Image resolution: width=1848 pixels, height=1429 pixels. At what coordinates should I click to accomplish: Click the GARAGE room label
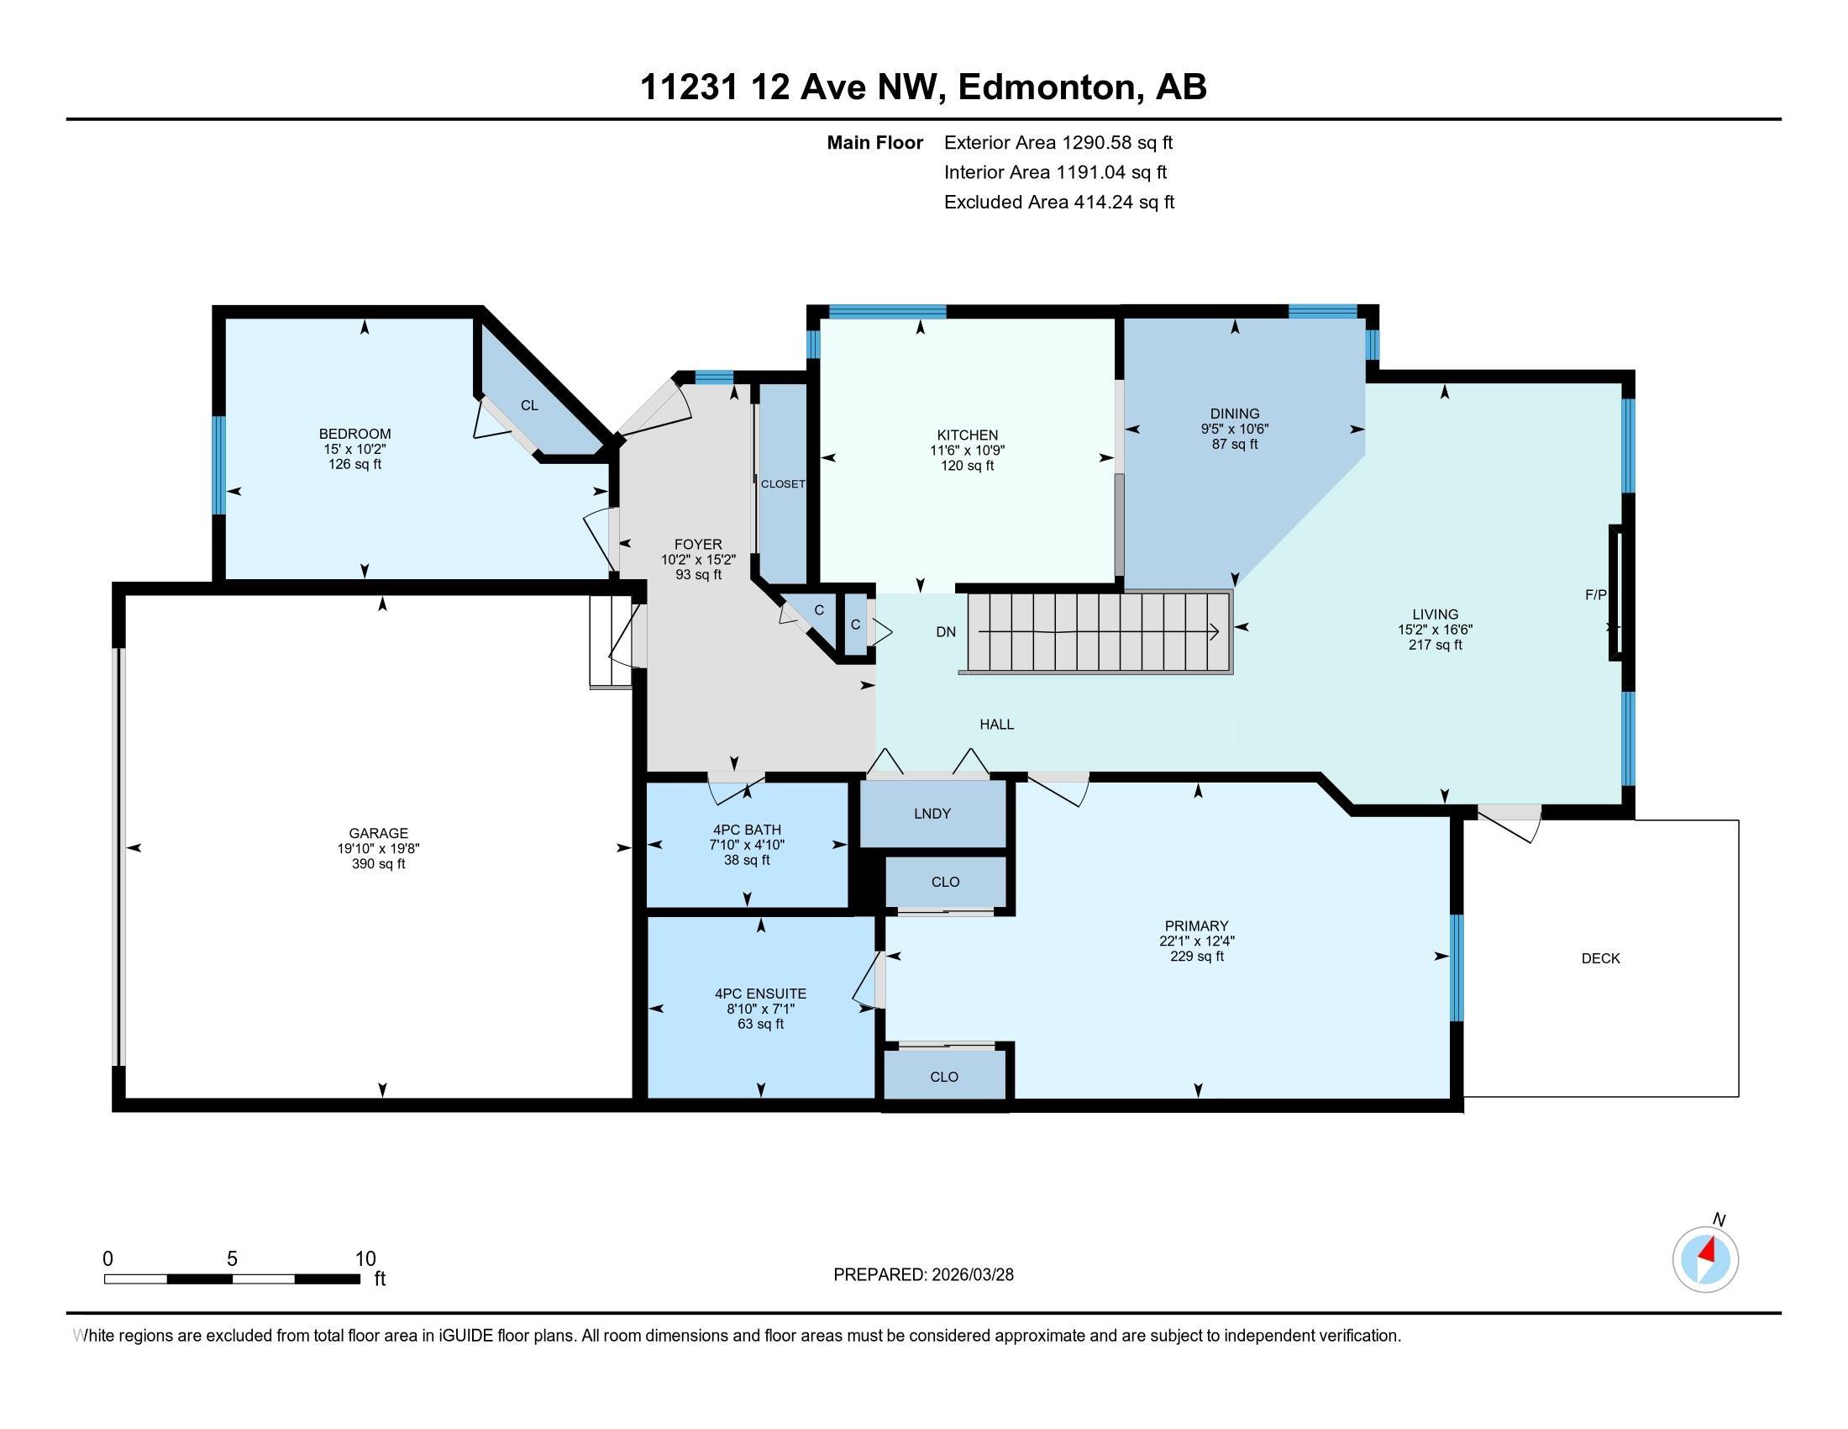[x=378, y=833]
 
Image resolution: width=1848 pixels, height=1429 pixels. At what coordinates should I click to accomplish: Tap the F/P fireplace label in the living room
[x=1595, y=595]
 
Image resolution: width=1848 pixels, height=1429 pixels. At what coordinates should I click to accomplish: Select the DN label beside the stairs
[x=946, y=631]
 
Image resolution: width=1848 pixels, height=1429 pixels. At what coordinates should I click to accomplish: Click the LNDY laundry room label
[x=932, y=814]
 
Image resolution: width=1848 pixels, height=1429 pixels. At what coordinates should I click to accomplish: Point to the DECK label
[x=1600, y=958]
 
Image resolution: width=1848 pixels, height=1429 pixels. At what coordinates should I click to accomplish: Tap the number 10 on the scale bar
[x=365, y=1259]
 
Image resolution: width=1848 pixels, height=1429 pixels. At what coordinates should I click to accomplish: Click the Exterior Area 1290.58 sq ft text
[x=1058, y=143]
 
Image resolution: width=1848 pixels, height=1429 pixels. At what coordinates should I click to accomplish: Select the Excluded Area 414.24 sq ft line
[x=1058, y=203]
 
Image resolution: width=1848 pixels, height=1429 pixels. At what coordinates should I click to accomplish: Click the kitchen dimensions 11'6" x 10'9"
[x=967, y=451]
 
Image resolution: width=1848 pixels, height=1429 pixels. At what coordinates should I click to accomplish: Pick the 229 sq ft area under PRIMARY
[x=1195, y=957]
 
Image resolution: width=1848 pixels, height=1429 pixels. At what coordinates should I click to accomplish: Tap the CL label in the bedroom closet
[x=529, y=405]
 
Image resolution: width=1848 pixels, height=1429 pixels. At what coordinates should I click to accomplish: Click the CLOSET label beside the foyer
[x=783, y=484]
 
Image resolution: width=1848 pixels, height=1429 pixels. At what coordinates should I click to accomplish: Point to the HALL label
[x=996, y=725]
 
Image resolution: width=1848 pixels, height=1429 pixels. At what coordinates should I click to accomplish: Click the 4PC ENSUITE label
[x=760, y=994]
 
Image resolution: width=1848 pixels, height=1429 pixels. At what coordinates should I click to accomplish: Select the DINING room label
[x=1235, y=414]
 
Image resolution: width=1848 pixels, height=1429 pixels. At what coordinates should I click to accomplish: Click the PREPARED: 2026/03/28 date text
[x=923, y=1275]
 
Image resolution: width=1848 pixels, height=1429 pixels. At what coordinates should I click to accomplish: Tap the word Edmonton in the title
[x=1047, y=88]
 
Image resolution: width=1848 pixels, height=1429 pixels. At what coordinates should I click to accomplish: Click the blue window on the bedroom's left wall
[x=218, y=465]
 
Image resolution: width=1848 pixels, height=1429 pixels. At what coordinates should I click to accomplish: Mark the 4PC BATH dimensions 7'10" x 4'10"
[x=747, y=845]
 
